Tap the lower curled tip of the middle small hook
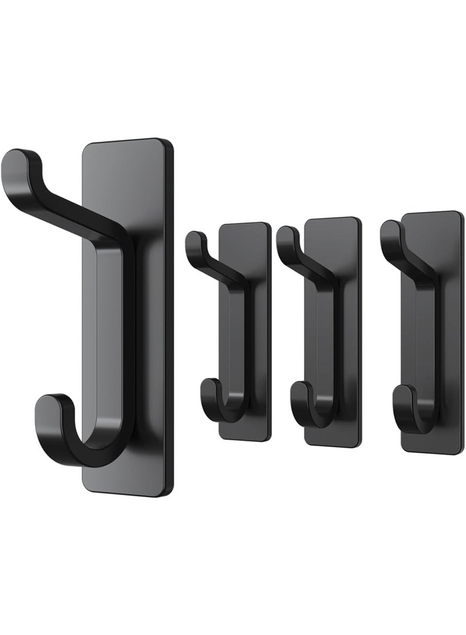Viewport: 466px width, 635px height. click(x=298, y=389)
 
